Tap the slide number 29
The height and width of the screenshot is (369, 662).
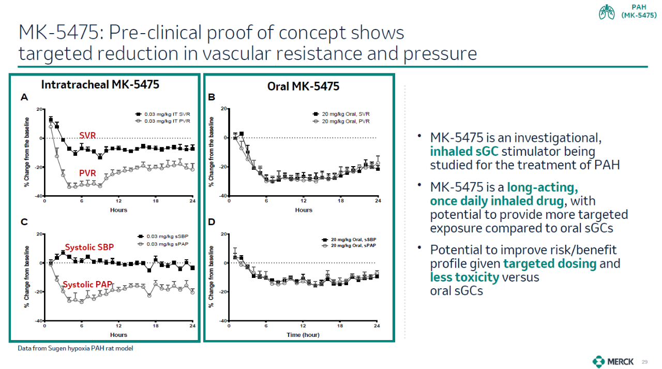(x=644, y=361)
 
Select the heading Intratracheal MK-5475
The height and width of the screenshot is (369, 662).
(x=100, y=84)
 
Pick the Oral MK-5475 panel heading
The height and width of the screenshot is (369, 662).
(x=303, y=86)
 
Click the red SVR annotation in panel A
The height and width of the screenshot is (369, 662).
(x=87, y=136)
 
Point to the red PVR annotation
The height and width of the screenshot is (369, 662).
(x=87, y=172)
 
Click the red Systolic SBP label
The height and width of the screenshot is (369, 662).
(x=89, y=247)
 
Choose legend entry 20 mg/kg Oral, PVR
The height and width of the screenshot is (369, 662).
(x=345, y=121)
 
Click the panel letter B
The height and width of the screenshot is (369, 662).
(x=211, y=97)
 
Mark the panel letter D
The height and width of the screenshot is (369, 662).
(x=211, y=223)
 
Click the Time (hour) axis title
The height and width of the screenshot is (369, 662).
(x=303, y=335)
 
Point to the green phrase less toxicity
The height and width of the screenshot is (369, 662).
(x=464, y=277)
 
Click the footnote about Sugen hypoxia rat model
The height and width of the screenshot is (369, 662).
(x=75, y=348)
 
